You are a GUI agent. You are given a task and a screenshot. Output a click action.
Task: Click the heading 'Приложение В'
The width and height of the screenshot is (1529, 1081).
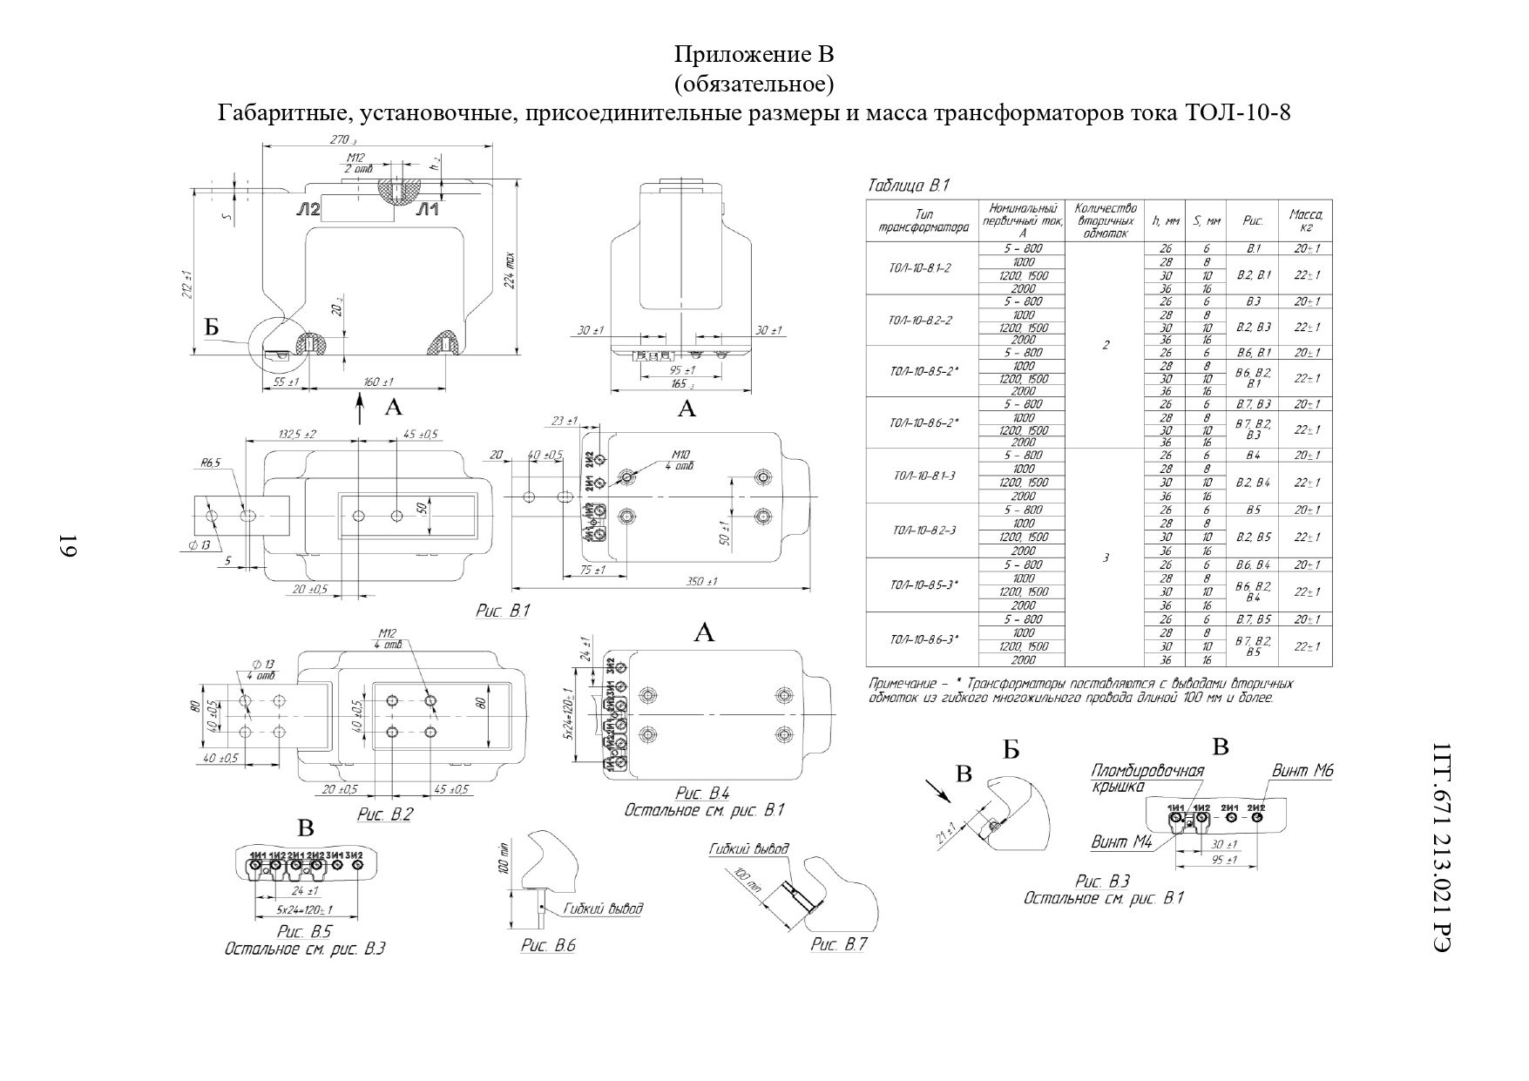coord(754,54)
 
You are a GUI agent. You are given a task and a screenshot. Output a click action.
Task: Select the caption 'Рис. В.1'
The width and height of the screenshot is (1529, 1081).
coord(502,611)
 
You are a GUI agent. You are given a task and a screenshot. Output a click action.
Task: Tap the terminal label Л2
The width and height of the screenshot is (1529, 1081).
coord(308,209)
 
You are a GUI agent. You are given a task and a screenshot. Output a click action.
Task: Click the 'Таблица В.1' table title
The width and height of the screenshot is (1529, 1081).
coord(907,186)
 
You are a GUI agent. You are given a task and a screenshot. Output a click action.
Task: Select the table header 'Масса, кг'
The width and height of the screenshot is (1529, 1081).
coord(1305,221)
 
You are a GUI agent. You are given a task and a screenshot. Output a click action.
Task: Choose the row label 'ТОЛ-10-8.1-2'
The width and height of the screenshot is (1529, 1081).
coord(920,268)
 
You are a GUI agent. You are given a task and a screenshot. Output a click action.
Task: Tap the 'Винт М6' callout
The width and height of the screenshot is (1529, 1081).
coord(1302,770)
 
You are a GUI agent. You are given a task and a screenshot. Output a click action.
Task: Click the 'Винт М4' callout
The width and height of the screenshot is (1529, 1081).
coord(1121,842)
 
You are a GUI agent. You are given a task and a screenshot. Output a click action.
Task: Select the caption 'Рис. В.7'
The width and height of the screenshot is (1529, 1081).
coord(839,945)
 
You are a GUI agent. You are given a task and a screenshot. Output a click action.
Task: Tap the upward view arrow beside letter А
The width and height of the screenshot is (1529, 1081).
coord(360,409)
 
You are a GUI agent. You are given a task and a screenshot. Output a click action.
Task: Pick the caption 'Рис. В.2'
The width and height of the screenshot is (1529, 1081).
coord(384,814)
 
